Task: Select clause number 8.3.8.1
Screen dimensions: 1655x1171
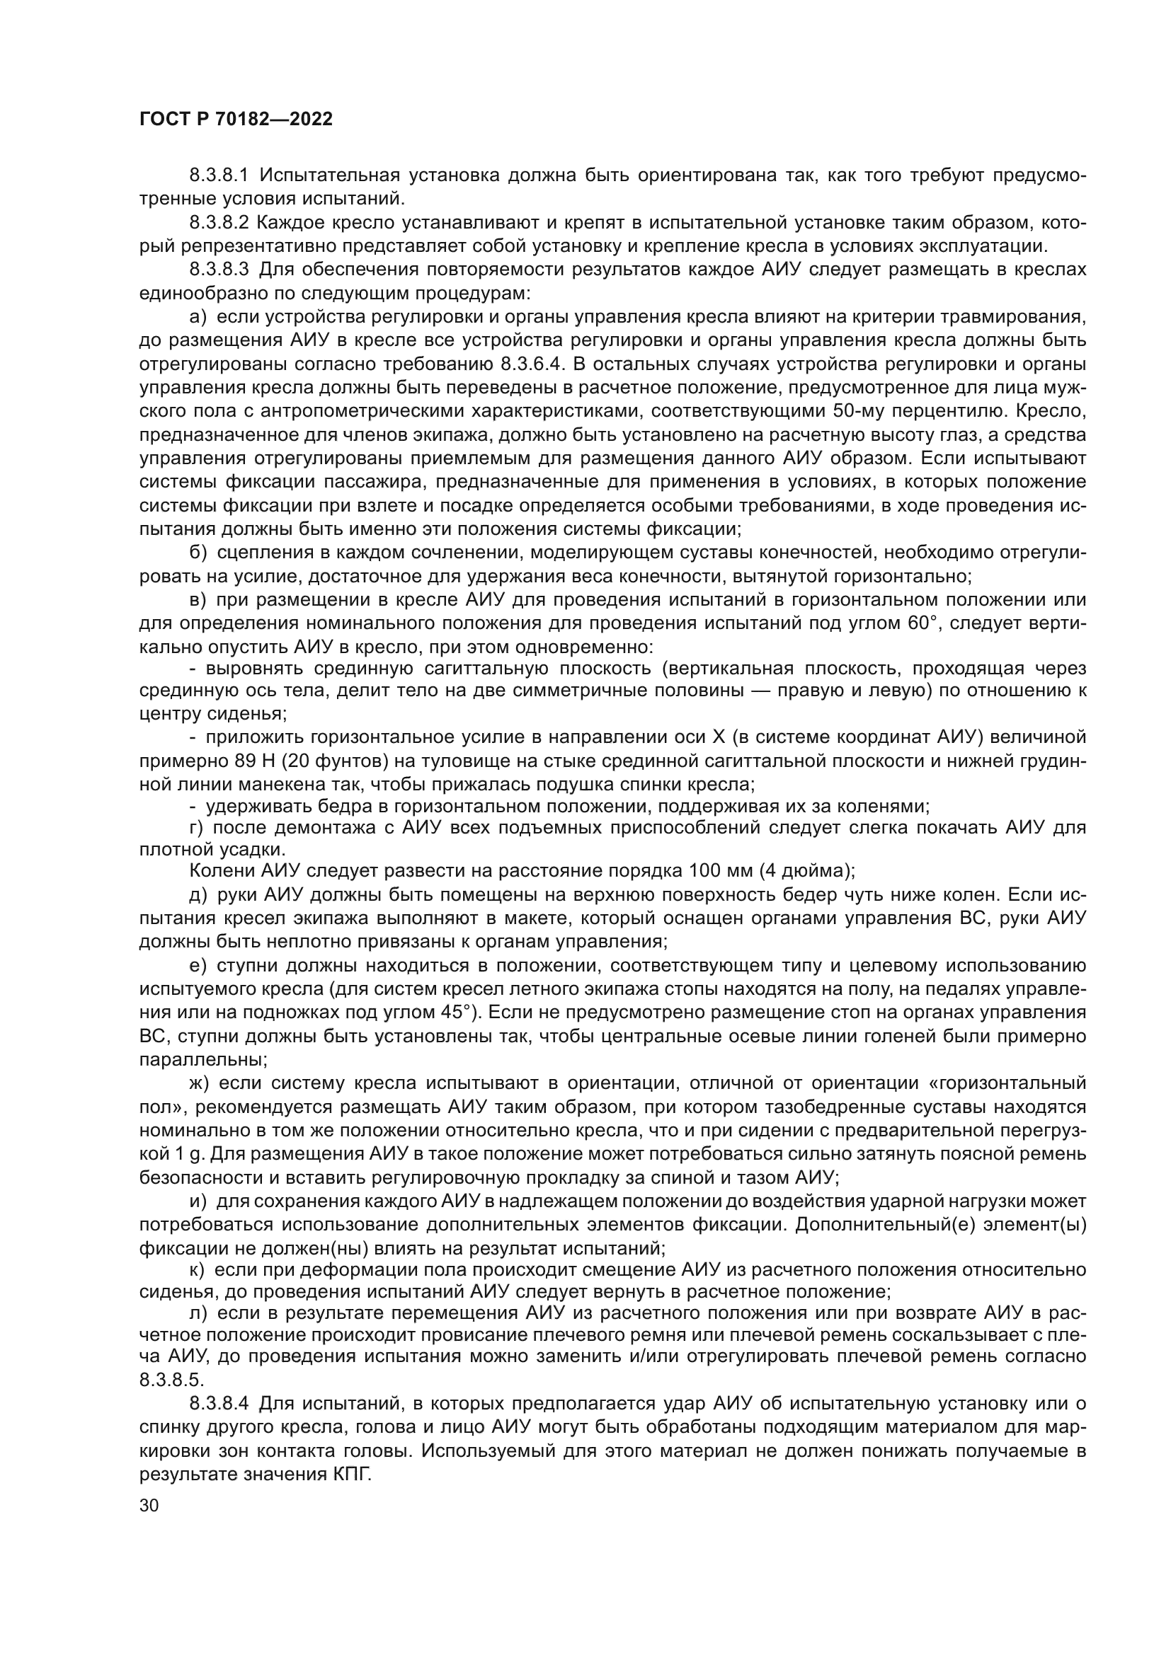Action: tap(219, 175)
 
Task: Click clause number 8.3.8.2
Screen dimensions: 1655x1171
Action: tap(219, 223)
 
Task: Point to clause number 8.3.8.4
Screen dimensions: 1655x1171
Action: tap(219, 1403)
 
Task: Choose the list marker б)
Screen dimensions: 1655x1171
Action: tap(198, 553)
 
